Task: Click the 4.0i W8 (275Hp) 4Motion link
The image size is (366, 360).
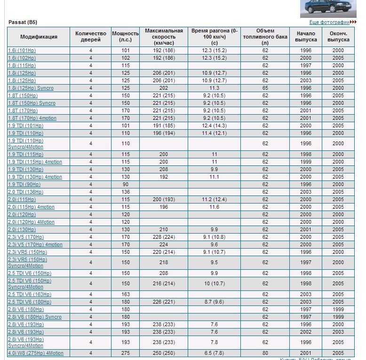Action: tap(36, 353)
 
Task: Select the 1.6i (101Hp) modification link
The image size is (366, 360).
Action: tap(22, 50)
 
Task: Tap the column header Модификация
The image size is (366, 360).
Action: tap(39, 37)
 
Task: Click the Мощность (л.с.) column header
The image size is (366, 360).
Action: tap(126, 37)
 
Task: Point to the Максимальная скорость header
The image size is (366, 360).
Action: tap(164, 37)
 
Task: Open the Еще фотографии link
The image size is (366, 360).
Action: tap(329, 22)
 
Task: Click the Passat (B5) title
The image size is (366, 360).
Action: tap(23, 22)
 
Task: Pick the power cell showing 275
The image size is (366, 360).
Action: tap(126, 353)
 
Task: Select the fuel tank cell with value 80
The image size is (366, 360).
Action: tap(265, 353)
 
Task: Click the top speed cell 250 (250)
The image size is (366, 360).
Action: tap(164, 353)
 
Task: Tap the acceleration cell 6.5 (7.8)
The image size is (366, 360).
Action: tap(215, 353)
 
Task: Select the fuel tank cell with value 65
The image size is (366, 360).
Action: tap(265, 88)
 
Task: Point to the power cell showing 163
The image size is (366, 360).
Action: tap(126, 294)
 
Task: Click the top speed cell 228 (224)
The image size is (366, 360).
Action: tap(164, 237)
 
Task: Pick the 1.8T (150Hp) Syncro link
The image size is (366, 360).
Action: tap(32, 103)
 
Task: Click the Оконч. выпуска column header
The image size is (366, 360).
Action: tap(338, 37)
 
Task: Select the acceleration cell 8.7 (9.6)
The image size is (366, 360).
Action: tap(215, 302)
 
